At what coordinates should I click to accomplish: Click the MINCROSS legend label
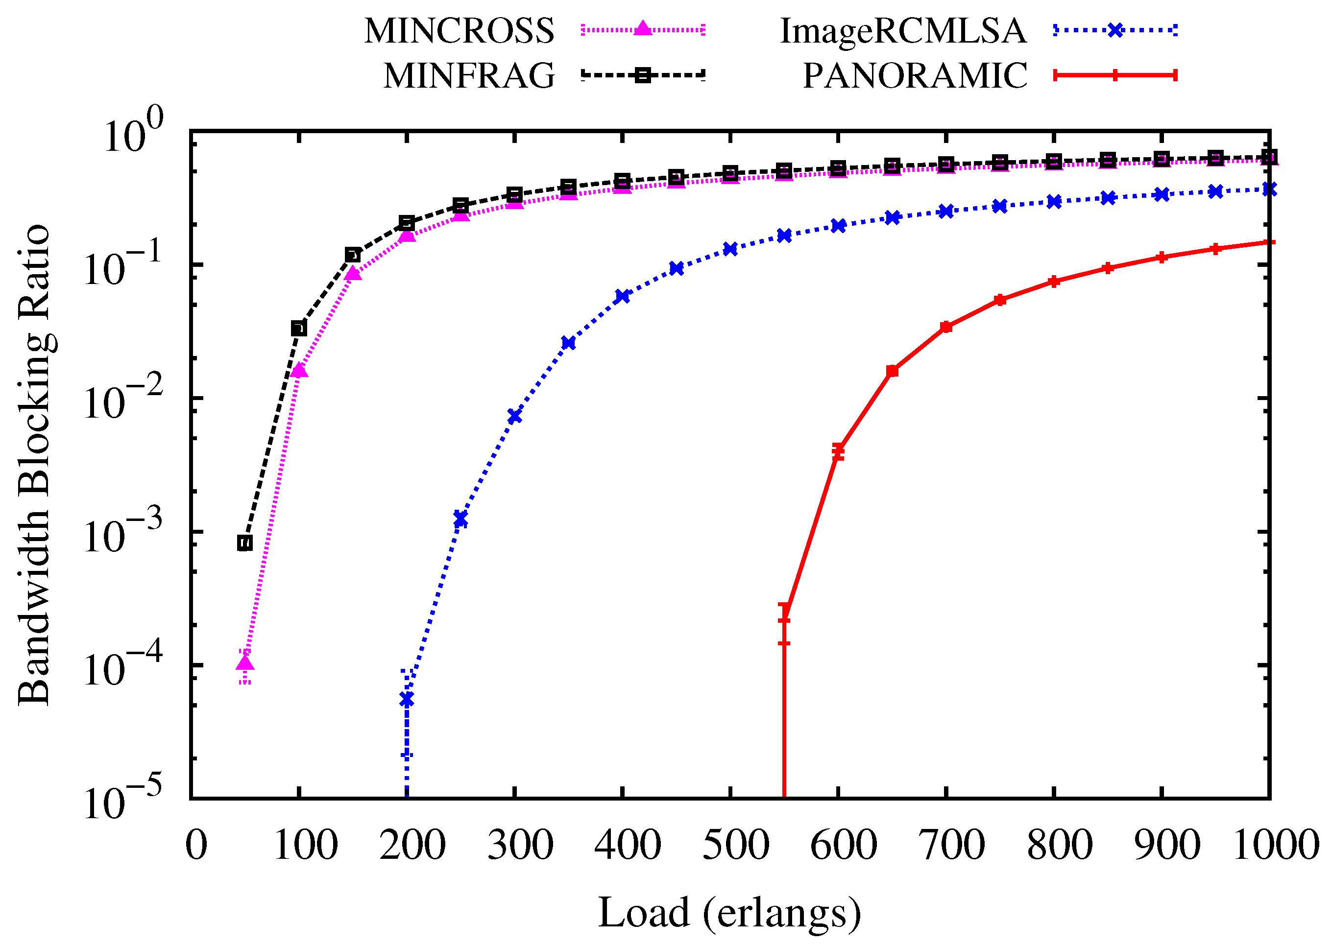click(459, 30)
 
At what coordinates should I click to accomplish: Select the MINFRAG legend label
click(469, 75)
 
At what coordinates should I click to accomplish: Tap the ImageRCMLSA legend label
click(903, 30)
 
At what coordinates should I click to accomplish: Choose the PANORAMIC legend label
click(915, 75)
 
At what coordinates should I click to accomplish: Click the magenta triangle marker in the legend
click(642, 28)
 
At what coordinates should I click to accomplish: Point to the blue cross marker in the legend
click(1115, 30)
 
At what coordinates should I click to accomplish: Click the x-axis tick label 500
click(736, 846)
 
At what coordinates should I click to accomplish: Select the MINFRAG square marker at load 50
click(245, 543)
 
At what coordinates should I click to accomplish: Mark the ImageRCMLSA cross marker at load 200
click(406, 699)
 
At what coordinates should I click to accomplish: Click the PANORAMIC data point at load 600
click(838, 450)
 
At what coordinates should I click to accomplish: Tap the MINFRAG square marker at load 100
click(299, 328)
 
